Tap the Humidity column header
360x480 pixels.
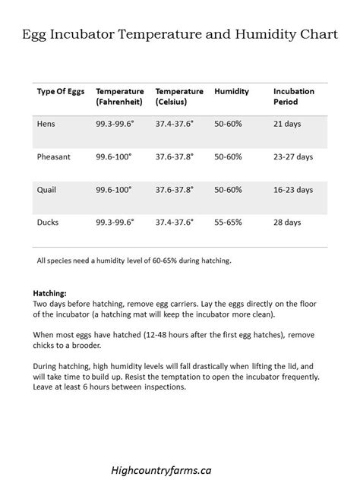tap(231, 90)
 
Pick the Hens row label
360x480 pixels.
tap(46, 123)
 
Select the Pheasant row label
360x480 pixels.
tap(54, 156)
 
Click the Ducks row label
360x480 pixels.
tap(48, 223)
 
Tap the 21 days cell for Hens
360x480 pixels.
tap(287, 123)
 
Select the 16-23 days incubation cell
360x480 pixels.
tap(293, 189)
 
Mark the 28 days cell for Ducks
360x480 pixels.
tap(287, 223)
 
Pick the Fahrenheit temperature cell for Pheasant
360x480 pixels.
tap(114, 156)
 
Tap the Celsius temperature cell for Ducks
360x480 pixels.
tap(175, 223)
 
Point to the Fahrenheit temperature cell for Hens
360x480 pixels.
tap(115, 123)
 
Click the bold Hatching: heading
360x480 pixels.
tap(50, 292)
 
